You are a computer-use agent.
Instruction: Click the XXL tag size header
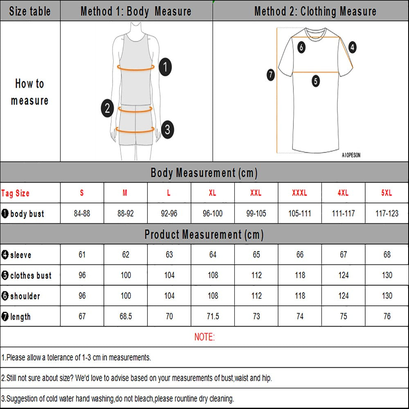coord(256,193)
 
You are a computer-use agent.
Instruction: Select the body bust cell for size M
coord(126,213)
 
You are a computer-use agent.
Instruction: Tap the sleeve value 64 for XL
coord(213,255)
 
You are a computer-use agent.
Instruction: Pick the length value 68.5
coord(126,317)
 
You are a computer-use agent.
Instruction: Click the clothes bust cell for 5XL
coord(387,275)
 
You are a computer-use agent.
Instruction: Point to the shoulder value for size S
coord(82,296)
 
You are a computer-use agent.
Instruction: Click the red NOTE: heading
coord(204,337)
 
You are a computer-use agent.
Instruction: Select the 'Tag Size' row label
coord(16,193)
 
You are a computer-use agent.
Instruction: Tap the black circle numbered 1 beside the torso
coord(165,67)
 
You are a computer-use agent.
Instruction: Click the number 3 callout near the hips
coord(167,130)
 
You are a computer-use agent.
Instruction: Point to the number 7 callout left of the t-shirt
coord(271,75)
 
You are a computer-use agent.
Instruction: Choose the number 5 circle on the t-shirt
coord(315,81)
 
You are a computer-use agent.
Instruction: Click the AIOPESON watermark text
coord(351,155)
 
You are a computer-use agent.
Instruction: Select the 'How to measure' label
coord(30,92)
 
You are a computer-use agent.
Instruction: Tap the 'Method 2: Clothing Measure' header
coord(315,11)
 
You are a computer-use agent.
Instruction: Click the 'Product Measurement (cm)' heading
coord(204,235)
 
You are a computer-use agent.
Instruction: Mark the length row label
coord(16,317)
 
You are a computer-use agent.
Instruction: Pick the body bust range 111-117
coord(343,213)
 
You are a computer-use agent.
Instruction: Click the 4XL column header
coord(343,193)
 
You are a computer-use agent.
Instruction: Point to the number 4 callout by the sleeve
coord(352,47)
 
